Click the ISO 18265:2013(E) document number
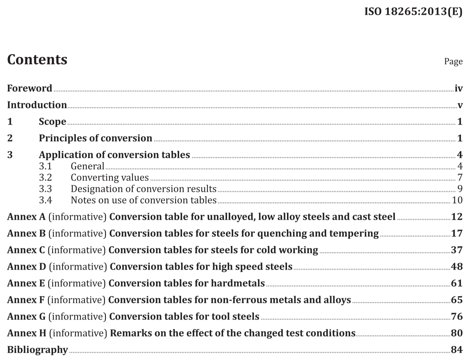(413, 11)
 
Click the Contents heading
(37, 60)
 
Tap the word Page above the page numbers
(453, 61)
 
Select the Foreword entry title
(30, 88)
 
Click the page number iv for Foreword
(459, 89)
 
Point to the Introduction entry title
(37, 105)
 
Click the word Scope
(52, 122)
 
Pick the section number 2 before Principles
(10, 138)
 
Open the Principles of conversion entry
(95, 138)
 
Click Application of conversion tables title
(114, 155)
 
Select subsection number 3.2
(45, 177)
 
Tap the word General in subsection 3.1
(88, 166)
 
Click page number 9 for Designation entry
(460, 189)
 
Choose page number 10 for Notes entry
(457, 200)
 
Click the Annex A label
(26, 217)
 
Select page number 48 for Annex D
(457, 267)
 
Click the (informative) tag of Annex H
(78, 333)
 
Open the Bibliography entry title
(37, 350)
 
